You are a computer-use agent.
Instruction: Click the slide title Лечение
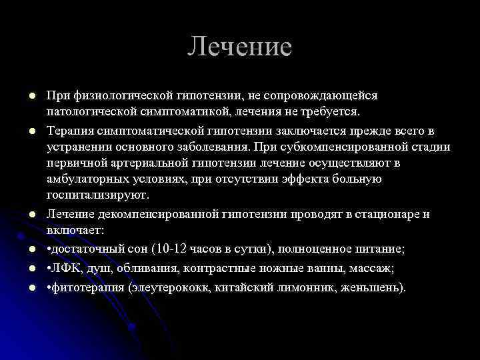tap(239, 47)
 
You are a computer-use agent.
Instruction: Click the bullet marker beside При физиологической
tap(23, 97)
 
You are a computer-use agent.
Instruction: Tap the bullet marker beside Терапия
tap(23, 129)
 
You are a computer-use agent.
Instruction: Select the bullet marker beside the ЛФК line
tap(23, 269)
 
